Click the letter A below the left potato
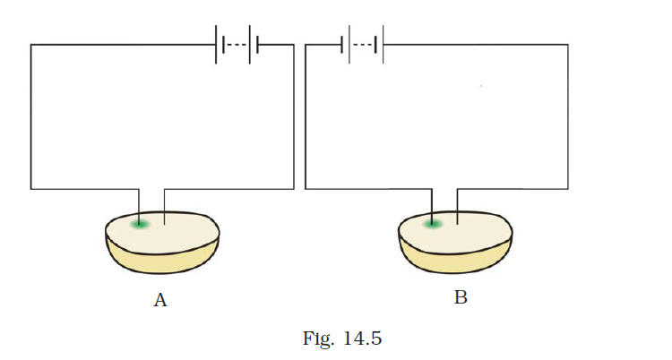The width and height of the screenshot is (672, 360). (x=160, y=301)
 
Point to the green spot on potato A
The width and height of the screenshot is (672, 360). (x=138, y=223)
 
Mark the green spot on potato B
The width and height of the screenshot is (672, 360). (x=432, y=223)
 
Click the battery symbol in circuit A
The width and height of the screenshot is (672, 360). (x=237, y=44)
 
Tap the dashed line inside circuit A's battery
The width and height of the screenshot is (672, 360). (x=236, y=44)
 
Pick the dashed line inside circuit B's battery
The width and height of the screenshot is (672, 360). (x=363, y=44)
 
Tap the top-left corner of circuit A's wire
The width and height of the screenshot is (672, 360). (x=31, y=44)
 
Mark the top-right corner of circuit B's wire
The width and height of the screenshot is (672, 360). (x=567, y=44)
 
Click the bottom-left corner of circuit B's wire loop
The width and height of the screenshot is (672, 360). (x=306, y=188)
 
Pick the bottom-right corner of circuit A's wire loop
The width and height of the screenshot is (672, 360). (x=293, y=188)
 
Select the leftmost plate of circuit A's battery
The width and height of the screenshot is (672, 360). (x=215, y=44)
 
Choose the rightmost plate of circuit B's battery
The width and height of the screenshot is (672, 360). (x=383, y=44)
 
